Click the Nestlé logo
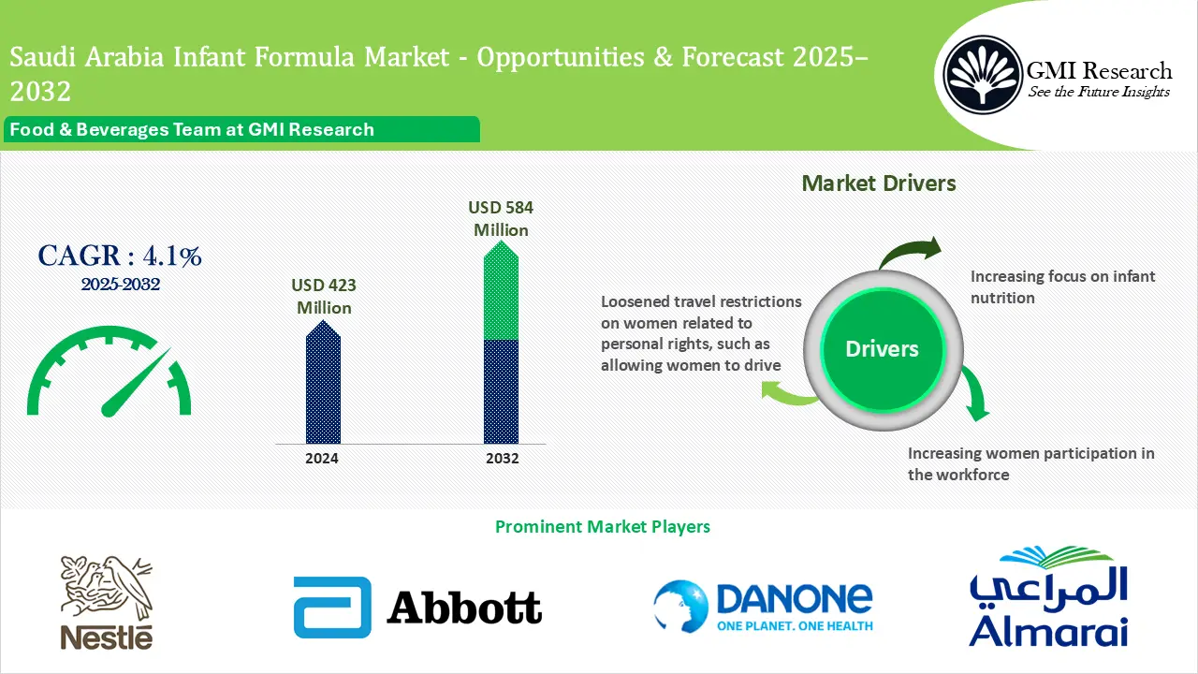point(106,602)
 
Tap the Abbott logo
point(417,608)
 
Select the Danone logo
point(763,607)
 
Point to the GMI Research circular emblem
point(983,74)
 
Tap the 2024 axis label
point(322,459)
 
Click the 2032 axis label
point(501,459)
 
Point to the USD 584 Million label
point(501,219)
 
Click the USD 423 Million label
point(324,297)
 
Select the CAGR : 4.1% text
point(120,256)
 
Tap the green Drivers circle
point(882,349)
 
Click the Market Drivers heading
point(879,183)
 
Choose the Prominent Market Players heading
point(602,527)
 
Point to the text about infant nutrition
point(1062,287)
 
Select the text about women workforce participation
point(1030,463)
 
